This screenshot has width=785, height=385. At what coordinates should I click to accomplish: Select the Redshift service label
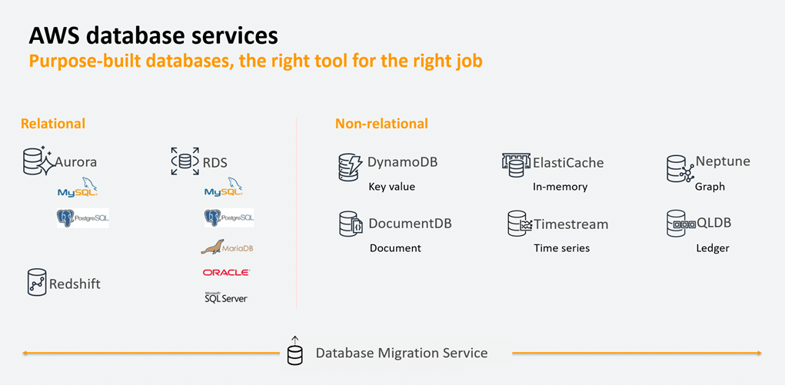75,284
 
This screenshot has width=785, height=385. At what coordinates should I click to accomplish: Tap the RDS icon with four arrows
185,161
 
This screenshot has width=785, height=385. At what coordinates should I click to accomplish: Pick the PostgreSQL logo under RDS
228,218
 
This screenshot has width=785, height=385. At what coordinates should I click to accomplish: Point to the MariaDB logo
227,247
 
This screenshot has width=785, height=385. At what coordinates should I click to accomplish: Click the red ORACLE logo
226,272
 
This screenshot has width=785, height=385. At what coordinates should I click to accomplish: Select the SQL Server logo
225,297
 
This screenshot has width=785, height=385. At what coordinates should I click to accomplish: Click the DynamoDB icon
350,167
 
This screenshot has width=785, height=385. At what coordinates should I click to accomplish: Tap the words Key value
391,187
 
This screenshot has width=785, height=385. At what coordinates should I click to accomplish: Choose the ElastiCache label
569,163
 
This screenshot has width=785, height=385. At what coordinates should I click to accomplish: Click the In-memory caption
560,187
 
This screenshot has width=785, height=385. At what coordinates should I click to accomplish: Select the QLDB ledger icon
679,224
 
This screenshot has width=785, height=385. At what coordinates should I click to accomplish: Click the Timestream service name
570,224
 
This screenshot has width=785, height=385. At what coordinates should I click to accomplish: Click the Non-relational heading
381,124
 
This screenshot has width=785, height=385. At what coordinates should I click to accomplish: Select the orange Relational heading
53,124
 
